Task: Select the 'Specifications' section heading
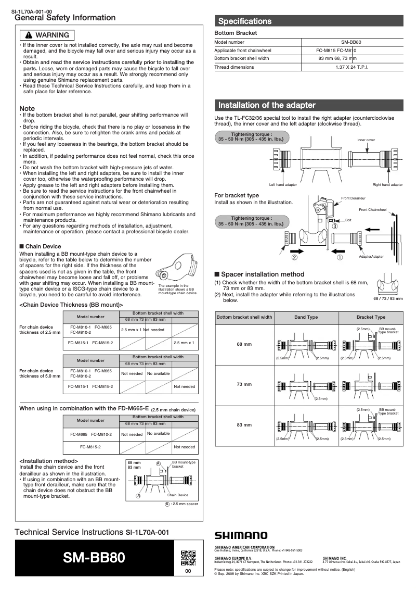tap(245, 21)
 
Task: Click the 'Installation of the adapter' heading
tap(267, 105)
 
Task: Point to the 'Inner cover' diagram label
tap(366, 140)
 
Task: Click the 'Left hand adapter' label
tap(283, 185)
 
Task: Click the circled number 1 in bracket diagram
tap(340, 257)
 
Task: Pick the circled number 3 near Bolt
tap(335, 227)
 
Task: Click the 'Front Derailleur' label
tap(353, 198)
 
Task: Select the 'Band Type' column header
tap(306, 317)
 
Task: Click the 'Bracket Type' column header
tap(371, 317)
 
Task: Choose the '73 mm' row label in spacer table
tap(244, 384)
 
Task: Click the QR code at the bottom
tap(188, 557)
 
